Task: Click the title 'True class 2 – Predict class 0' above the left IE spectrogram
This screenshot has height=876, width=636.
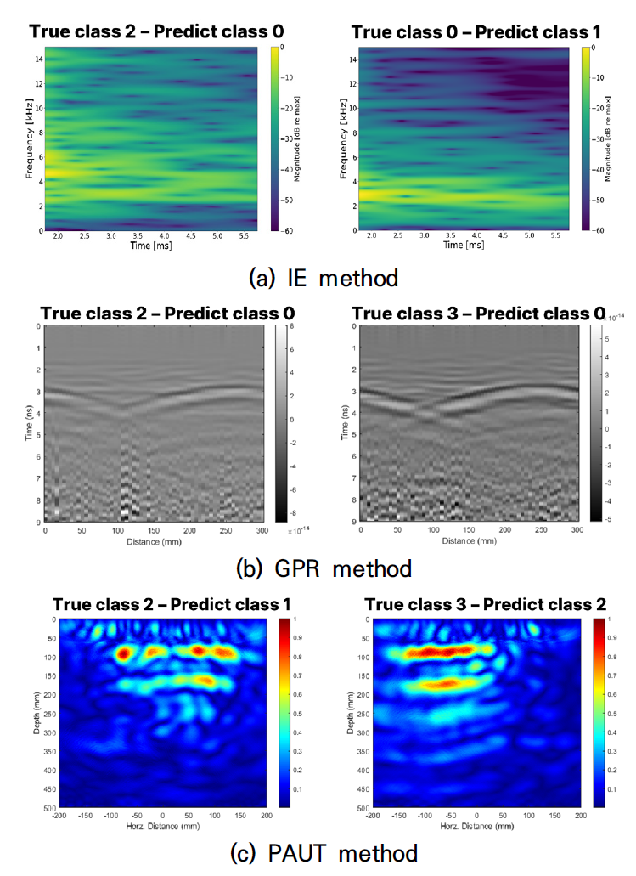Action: point(156,33)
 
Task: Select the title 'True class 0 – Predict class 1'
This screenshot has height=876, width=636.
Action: point(476,33)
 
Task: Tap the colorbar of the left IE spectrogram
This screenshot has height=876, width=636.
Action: point(276,138)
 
